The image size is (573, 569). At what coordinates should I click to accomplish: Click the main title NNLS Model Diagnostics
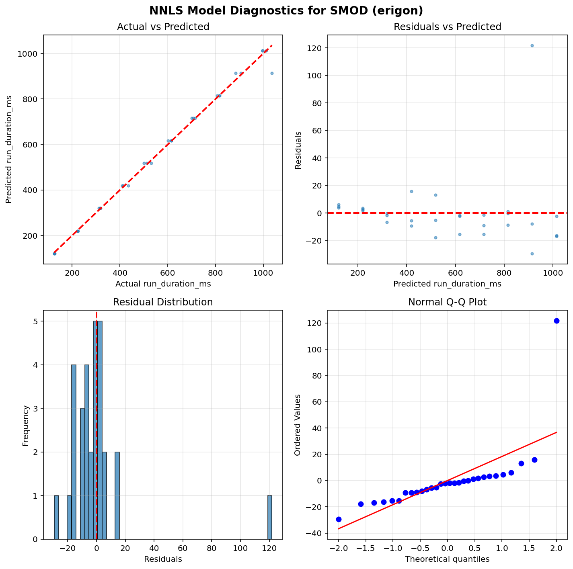[x=286, y=10]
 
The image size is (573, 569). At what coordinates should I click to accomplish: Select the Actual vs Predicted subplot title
[x=163, y=27]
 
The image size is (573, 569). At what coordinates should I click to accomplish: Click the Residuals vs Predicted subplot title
[x=447, y=27]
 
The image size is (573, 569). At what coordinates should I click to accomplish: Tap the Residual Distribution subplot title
[x=163, y=302]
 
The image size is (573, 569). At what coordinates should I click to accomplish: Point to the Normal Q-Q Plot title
[x=447, y=302]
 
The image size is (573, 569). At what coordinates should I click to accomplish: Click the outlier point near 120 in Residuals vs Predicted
[x=532, y=45]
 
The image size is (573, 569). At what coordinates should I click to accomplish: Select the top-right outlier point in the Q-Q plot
[x=557, y=321]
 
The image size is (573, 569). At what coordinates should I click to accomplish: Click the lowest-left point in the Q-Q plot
[x=339, y=519]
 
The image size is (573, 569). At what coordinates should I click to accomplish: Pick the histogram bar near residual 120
[x=270, y=517]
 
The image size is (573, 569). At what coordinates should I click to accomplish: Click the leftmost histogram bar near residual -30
[x=57, y=517]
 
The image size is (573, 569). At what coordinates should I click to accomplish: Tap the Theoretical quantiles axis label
[x=447, y=559]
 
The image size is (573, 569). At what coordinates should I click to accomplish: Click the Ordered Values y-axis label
[x=298, y=425]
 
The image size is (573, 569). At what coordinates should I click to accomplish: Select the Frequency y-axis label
[x=26, y=426]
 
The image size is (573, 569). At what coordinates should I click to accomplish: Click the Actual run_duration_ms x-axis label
[x=163, y=284]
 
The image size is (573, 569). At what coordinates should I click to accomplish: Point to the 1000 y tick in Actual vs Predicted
[x=31, y=54]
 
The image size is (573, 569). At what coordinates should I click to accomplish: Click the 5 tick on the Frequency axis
[x=35, y=321]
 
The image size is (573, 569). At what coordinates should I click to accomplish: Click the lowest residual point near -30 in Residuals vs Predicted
[x=532, y=254]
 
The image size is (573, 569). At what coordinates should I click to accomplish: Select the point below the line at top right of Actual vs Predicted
[x=272, y=73]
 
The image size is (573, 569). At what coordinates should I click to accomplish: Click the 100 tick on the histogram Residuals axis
[x=240, y=548]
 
